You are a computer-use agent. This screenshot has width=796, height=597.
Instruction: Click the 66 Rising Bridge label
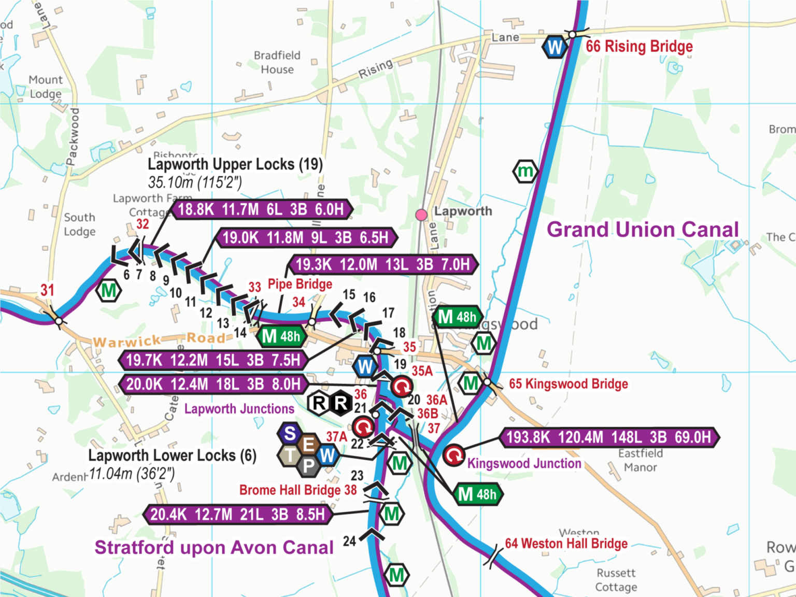coord(639,47)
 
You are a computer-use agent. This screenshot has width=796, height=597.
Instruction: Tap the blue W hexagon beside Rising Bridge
coord(555,48)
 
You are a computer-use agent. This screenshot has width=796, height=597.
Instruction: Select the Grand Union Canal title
coord(643,230)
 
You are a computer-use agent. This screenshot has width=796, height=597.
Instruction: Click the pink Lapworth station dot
coord(421,215)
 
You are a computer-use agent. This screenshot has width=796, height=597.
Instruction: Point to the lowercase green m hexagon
coord(525,171)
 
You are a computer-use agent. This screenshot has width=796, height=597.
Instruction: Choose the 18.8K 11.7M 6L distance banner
coord(261,209)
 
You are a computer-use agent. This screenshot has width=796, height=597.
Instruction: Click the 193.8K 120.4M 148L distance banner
coord(608,437)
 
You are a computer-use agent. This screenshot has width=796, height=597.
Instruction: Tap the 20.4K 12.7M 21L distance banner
coord(237,515)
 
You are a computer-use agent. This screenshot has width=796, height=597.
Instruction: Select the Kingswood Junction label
coord(524,463)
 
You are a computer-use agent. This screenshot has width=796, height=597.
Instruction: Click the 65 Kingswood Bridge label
coord(568,384)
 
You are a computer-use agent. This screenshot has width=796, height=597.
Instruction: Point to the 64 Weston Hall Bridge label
coord(566,544)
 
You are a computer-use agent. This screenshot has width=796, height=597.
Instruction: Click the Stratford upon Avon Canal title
coord(214,548)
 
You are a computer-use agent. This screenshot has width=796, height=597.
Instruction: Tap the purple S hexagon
coord(290,433)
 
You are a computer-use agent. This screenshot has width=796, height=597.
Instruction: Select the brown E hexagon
coord(309,444)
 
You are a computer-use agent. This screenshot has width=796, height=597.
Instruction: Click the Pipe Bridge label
coord(300,284)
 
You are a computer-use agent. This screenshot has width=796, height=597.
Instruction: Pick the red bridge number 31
coord(47,290)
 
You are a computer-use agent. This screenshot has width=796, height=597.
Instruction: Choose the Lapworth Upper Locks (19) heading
coord(235,164)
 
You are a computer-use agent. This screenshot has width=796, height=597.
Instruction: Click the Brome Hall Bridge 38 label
coord(298,490)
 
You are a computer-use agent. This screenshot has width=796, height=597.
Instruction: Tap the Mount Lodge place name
coord(45,87)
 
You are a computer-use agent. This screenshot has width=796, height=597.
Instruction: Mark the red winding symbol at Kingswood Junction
coord(454,456)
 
